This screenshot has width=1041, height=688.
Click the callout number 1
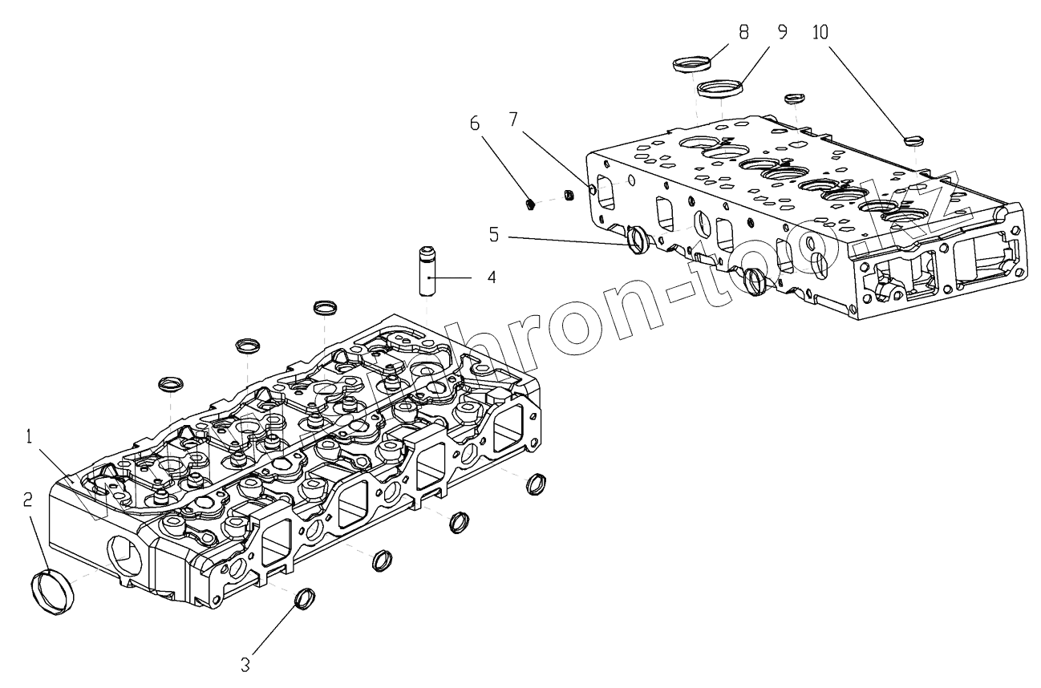click(x=28, y=438)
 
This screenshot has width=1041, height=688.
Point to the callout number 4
click(x=491, y=277)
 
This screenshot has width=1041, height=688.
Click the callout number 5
click(x=495, y=235)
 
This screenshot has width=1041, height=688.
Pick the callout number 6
click(x=475, y=124)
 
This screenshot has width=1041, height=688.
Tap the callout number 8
click(x=743, y=32)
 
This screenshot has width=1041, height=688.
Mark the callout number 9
click(x=782, y=32)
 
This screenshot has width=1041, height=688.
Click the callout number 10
click(x=821, y=32)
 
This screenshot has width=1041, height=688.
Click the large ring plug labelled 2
click(x=55, y=592)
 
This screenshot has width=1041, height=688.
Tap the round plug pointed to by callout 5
click(x=637, y=239)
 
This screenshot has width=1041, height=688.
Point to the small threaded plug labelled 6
click(x=531, y=204)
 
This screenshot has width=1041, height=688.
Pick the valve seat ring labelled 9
click(x=719, y=87)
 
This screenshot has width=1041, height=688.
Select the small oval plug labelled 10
click(x=914, y=140)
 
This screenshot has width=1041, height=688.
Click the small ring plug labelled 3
click(x=306, y=597)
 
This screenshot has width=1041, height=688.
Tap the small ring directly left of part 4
click(x=324, y=307)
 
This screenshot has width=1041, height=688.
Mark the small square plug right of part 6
click(x=568, y=194)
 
